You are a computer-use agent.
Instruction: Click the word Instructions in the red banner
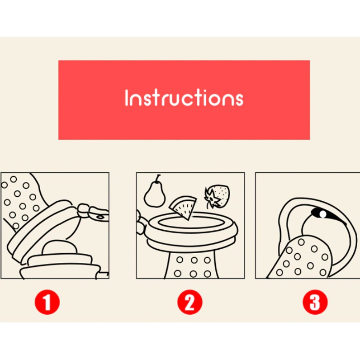tap(184, 98)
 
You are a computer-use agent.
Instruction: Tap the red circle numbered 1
tap(47, 302)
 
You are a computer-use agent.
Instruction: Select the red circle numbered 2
tap(190, 302)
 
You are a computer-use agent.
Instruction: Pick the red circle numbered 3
tap(315, 302)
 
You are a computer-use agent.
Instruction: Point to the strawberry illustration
tap(217, 197)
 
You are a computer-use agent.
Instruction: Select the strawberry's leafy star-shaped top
tap(212, 198)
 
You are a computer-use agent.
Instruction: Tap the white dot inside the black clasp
tap(322, 214)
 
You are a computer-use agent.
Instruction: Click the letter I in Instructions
tap(126, 98)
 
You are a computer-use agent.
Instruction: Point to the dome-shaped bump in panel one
tap(60, 247)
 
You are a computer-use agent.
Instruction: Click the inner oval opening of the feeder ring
tap(191, 223)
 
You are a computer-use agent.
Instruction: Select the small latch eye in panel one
tap(100, 217)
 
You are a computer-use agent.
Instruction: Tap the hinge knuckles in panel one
tap(83, 211)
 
